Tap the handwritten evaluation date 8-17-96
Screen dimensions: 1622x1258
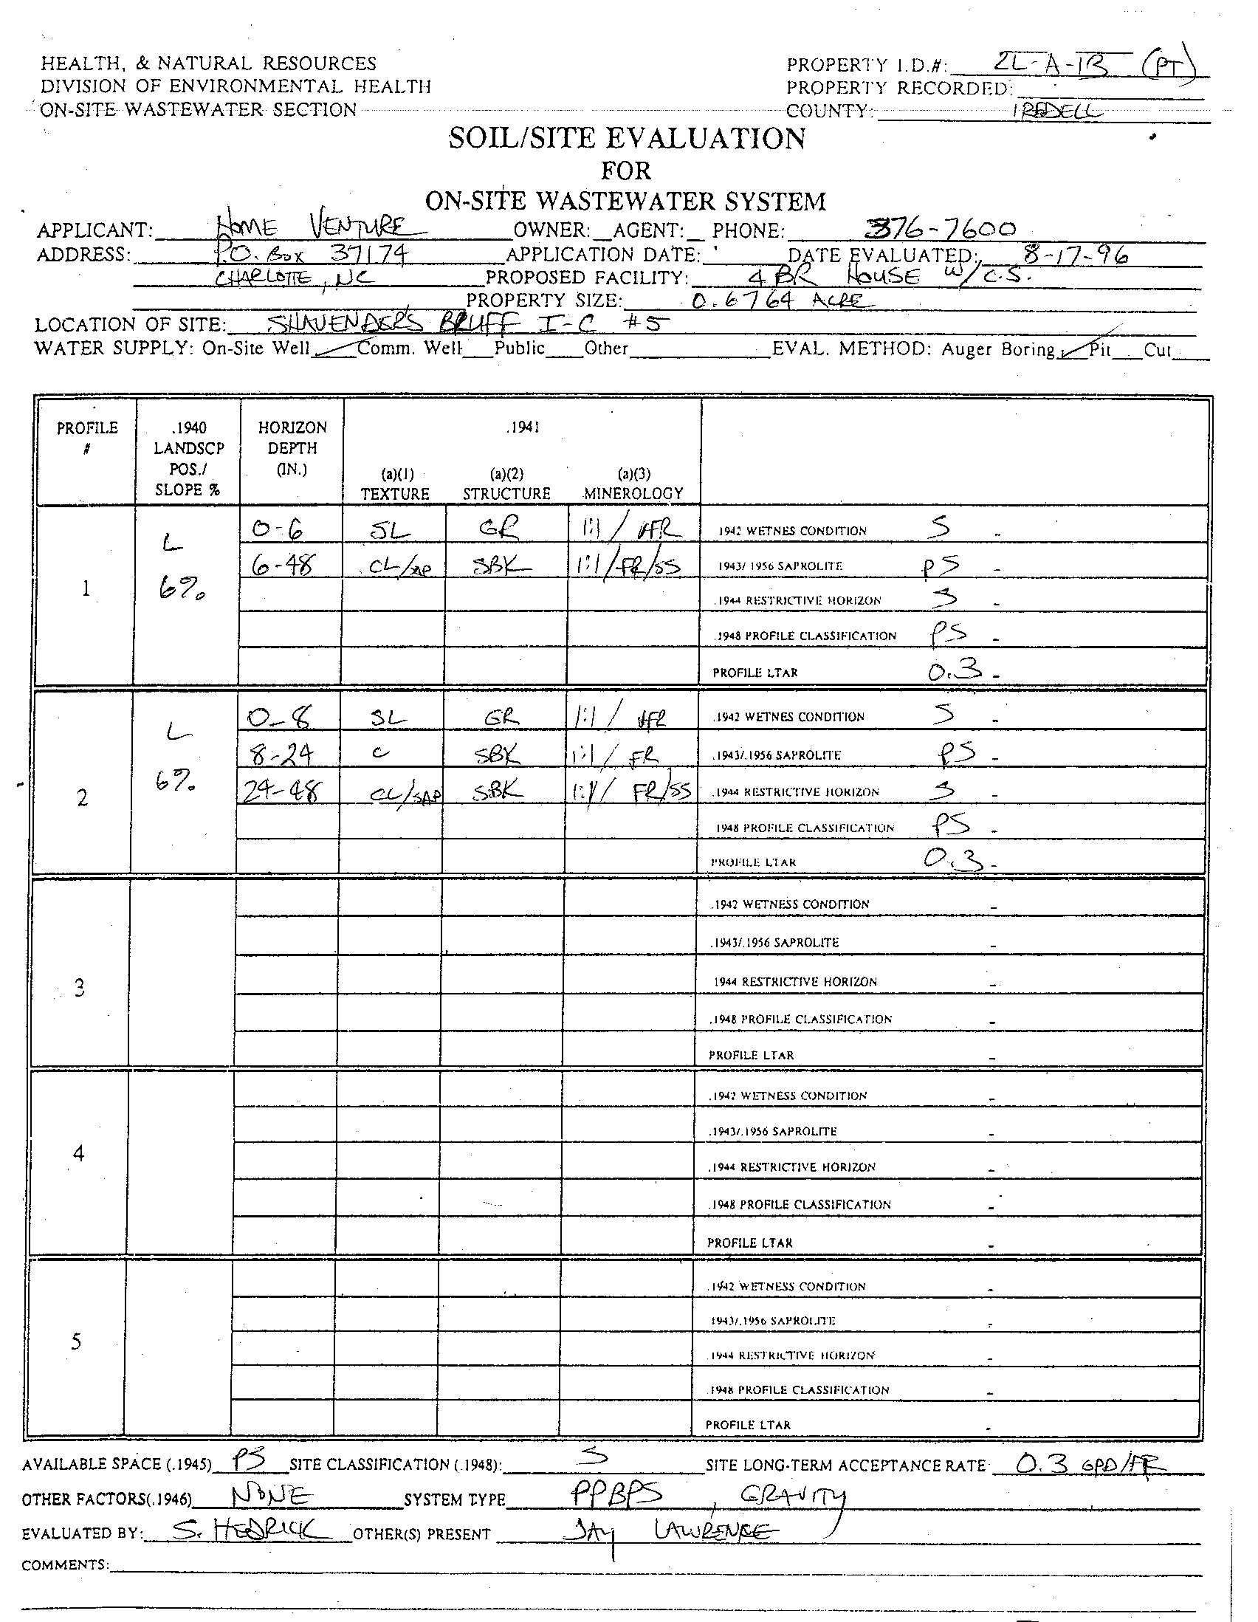(x=1076, y=255)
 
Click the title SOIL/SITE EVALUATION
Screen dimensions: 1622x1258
(x=627, y=139)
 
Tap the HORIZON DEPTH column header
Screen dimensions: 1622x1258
(x=292, y=448)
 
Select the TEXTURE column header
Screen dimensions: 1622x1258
(x=395, y=493)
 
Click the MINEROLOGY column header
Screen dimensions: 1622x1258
(x=633, y=493)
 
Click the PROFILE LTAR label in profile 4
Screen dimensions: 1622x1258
(x=749, y=1243)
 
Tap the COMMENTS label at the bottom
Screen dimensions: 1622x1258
(x=65, y=1566)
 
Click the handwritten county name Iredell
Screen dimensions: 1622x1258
(x=1057, y=111)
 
